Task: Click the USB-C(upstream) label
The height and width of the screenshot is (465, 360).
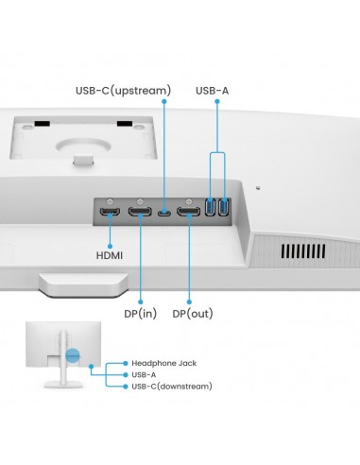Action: pyautogui.click(x=123, y=91)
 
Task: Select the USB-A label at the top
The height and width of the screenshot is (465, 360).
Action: pyautogui.click(x=212, y=91)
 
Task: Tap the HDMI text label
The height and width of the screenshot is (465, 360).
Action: pyautogui.click(x=109, y=255)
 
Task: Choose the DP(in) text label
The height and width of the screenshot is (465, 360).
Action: pyautogui.click(x=140, y=313)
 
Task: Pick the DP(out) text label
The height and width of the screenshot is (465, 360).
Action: pyautogui.click(x=193, y=313)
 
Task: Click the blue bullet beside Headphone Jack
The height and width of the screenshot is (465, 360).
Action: pyautogui.click(x=125, y=363)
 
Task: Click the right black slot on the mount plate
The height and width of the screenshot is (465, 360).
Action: pyautogui.click(x=125, y=122)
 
